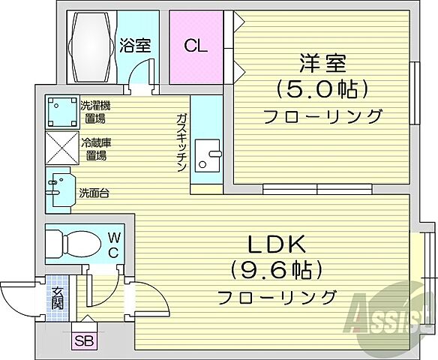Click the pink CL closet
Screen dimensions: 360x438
pos(196,46)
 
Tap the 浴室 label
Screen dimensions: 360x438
pos(135,45)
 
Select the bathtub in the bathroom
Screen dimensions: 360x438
pos(91,46)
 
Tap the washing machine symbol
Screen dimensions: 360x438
pos(60,112)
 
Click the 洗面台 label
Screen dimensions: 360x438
pos(94,193)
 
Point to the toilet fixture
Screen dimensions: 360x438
pos(71,242)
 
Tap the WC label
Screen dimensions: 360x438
pos(112,244)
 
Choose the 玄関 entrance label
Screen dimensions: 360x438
pos(57,299)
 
